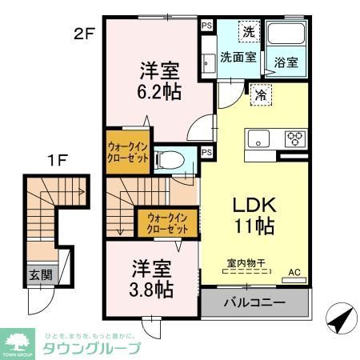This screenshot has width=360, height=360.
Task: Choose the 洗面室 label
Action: coord(238,57)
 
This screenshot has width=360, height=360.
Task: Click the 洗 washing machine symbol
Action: coord(248,33)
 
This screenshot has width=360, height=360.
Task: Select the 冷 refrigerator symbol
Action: coord(261,94)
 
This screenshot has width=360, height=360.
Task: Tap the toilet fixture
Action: coord(169,159)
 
